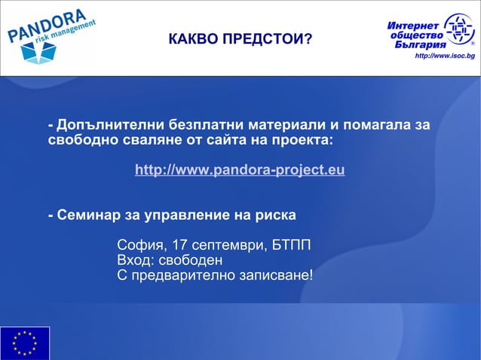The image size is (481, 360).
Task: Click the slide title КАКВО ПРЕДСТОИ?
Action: click(x=240, y=39)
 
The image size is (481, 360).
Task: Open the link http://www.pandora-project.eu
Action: click(x=240, y=170)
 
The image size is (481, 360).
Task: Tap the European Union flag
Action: click(x=25, y=343)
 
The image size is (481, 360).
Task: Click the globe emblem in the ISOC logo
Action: click(x=459, y=30)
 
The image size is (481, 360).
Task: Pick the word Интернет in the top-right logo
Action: click(x=414, y=21)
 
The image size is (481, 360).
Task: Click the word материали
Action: click(x=290, y=124)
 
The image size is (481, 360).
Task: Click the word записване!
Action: click(x=275, y=276)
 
